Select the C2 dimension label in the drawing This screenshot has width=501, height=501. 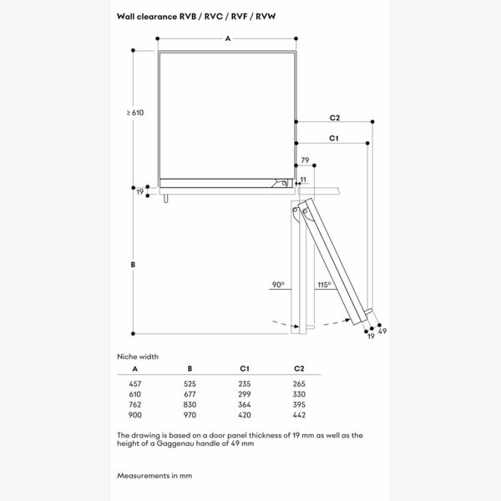[334, 118]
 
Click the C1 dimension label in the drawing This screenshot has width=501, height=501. [333, 138]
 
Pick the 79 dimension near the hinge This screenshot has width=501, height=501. [305, 159]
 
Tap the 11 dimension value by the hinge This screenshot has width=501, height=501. [303, 180]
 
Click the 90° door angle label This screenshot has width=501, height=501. [277, 285]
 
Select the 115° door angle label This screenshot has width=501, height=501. [323, 285]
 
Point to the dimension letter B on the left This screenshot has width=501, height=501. [133, 265]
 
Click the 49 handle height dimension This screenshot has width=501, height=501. [382, 332]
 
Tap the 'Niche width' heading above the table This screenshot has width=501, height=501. [138, 356]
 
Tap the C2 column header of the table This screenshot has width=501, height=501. [299, 368]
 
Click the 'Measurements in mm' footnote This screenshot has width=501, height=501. [154, 475]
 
